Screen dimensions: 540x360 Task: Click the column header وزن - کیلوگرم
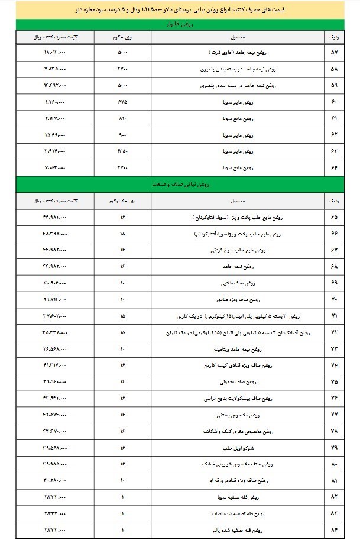click(123, 201)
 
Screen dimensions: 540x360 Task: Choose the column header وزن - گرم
click(122, 37)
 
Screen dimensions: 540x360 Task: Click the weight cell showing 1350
click(122, 151)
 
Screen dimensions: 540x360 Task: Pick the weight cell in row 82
click(122, 495)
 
